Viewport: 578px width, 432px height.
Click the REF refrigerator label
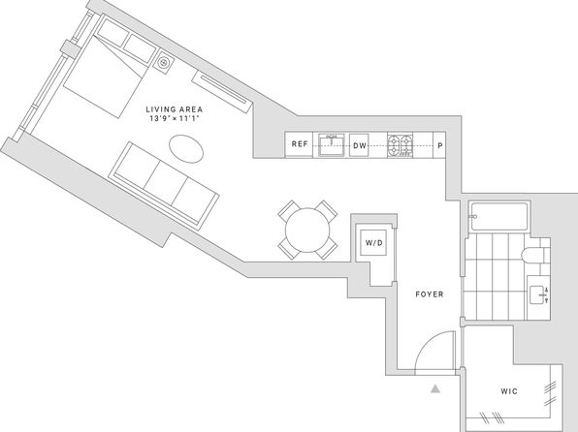tap(300, 144)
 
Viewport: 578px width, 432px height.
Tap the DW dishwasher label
tap(360, 145)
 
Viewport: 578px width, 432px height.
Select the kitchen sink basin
tap(332, 145)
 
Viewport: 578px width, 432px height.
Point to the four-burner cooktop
tap(400, 145)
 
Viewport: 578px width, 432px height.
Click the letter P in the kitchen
tap(439, 145)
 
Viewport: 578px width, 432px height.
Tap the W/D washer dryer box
tap(374, 243)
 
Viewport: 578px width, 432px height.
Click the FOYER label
tap(430, 294)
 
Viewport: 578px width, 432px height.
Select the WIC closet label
tap(509, 391)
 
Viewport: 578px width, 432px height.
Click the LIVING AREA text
tap(175, 109)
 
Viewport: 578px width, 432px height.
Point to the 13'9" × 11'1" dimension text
tap(175, 118)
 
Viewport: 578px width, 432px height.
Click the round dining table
tap(307, 231)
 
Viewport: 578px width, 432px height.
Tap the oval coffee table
tap(186, 148)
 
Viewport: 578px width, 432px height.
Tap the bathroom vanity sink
tap(538, 294)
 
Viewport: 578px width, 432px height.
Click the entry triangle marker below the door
tap(435, 388)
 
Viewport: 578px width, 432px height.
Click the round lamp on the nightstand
tap(163, 63)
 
